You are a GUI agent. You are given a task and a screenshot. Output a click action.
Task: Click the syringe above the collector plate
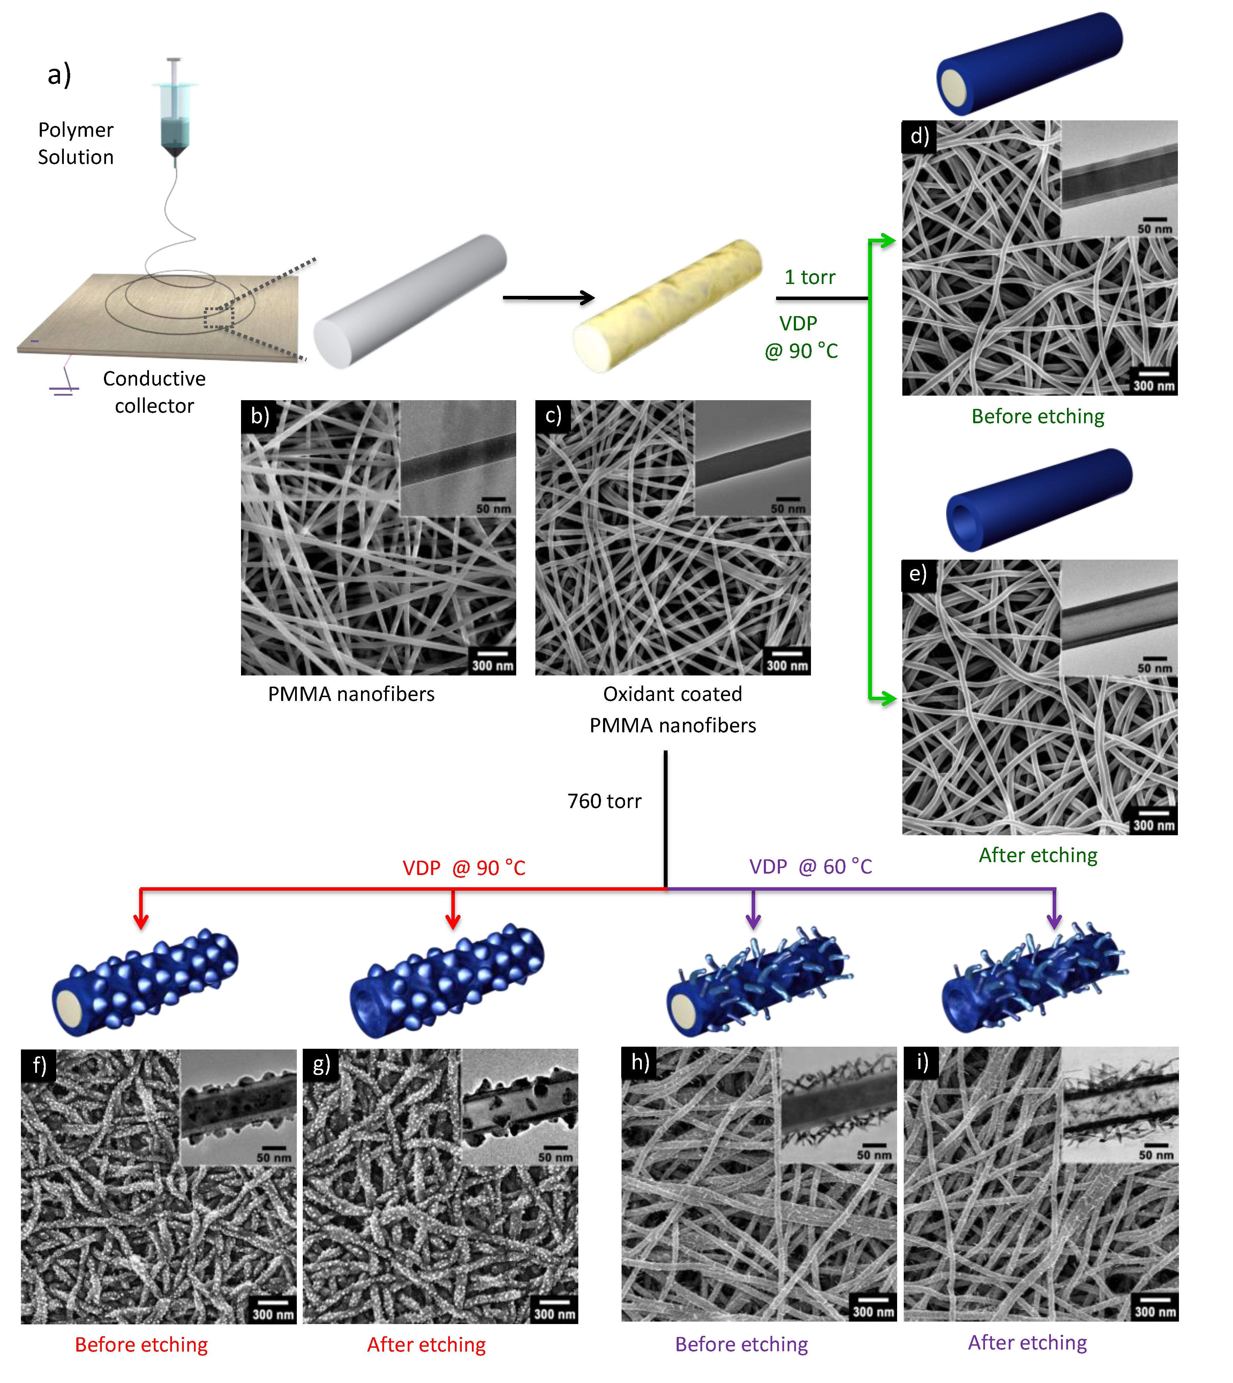pos(175,112)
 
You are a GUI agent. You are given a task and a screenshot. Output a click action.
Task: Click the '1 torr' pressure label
pos(810,277)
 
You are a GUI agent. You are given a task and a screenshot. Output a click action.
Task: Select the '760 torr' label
pos(604,801)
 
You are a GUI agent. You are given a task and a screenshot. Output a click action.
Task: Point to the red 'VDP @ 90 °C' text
pos(464,868)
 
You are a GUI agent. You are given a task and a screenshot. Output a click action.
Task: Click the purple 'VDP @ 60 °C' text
pos(810,867)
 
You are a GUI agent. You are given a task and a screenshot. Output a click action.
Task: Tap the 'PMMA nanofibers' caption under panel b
pos(351,694)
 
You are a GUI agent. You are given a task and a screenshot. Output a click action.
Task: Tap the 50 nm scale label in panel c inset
pos(788,508)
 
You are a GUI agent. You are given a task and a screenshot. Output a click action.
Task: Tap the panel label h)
pos(640,1062)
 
